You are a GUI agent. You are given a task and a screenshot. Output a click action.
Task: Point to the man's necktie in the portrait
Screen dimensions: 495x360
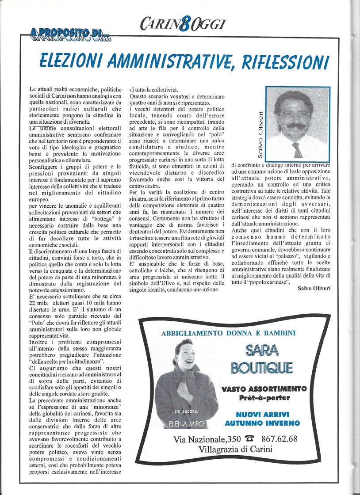point(297,149)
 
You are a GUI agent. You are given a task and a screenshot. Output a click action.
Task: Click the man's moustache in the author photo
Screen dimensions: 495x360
point(295,126)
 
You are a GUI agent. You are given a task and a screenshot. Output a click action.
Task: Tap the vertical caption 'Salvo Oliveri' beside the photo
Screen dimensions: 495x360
point(260,135)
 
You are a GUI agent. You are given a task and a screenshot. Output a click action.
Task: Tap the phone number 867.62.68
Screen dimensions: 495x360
point(279,439)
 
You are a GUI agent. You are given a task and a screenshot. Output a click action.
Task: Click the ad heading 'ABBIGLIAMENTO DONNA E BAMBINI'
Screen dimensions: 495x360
point(228,333)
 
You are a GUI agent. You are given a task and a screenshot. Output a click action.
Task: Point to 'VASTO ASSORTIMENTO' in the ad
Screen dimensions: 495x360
point(264,389)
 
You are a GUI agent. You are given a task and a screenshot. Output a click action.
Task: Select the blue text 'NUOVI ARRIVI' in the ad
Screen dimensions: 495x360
point(263,415)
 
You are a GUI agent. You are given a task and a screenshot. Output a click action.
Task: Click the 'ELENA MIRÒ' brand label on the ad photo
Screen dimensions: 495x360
point(188,424)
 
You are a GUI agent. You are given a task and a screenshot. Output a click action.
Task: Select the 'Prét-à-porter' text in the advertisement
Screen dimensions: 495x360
point(264,398)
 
